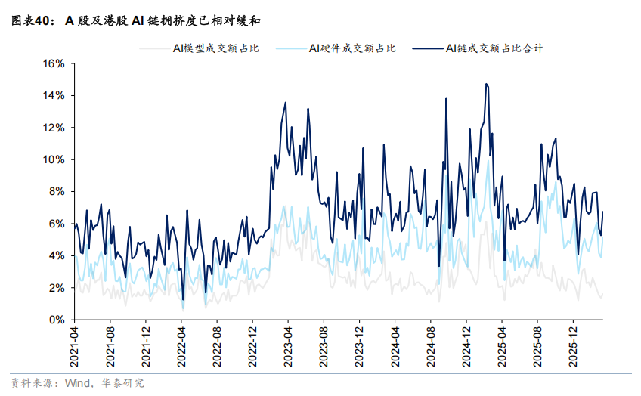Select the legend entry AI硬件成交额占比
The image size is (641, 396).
(x=352, y=48)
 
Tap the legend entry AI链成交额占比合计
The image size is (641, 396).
(x=494, y=48)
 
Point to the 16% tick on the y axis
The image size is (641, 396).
(x=54, y=63)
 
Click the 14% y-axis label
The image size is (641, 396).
(x=54, y=96)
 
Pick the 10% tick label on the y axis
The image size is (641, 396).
(x=54, y=159)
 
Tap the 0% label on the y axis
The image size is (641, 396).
(x=57, y=320)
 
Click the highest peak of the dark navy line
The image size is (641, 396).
(x=486, y=84)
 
